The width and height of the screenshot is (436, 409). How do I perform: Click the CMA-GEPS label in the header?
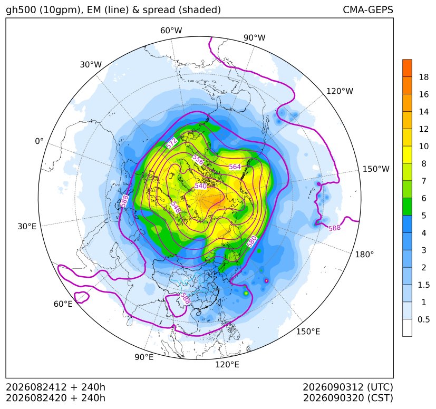coord(368,9)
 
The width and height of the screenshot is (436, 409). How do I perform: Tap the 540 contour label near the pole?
coord(200,186)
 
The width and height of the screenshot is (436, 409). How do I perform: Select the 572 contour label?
coord(171,143)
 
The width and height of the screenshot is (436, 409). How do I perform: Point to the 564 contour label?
coord(235,167)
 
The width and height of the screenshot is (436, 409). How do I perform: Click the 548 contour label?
coord(176,207)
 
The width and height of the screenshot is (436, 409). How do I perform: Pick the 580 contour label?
coord(251,241)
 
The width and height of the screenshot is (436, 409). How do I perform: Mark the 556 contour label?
coord(198,160)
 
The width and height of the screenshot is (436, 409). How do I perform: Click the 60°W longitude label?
coord(171,31)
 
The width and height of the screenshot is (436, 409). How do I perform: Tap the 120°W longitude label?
coord(340,91)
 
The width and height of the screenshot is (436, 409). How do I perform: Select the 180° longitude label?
coord(364,254)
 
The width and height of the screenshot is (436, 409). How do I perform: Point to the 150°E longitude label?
coord(308,332)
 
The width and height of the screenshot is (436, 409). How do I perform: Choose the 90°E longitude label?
coord(144,357)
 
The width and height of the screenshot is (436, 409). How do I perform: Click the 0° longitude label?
coord(39,141)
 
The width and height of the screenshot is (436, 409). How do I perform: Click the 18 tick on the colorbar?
coord(424,77)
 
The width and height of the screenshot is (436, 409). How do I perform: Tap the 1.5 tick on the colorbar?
coord(423,285)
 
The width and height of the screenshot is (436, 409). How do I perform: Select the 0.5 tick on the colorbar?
coord(423,319)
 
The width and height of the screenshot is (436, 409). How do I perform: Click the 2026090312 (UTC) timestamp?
coord(348,387)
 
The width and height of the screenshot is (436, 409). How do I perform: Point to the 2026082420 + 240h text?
coord(55,398)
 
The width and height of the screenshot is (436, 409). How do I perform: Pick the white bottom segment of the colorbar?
coord(407,328)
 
